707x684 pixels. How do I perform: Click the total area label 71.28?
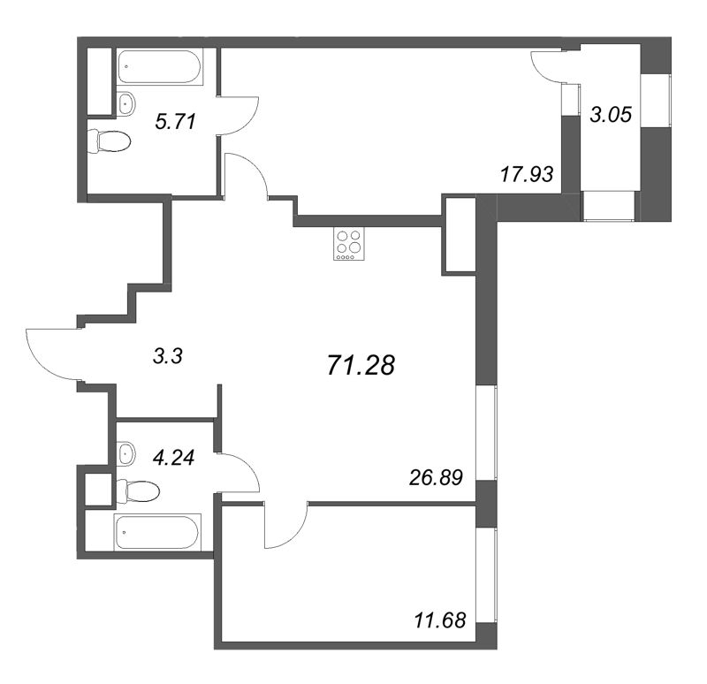pyautogui.click(x=361, y=365)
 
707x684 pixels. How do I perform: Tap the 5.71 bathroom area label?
pyautogui.click(x=175, y=122)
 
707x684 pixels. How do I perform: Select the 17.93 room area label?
pyautogui.click(x=527, y=174)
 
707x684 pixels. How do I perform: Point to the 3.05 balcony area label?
pyautogui.click(x=611, y=115)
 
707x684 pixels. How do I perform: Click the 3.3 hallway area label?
pyautogui.click(x=168, y=357)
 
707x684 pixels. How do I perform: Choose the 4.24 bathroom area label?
pyautogui.click(x=173, y=458)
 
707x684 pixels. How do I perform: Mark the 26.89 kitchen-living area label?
pyautogui.click(x=436, y=477)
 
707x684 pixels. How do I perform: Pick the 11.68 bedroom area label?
pyautogui.click(x=439, y=620)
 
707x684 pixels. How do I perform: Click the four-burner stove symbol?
pyautogui.click(x=348, y=244)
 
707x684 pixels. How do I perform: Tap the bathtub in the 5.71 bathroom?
pyautogui.click(x=159, y=66)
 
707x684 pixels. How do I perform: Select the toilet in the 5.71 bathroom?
pyautogui.click(x=109, y=141)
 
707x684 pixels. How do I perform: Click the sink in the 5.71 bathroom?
pyautogui.click(x=125, y=104)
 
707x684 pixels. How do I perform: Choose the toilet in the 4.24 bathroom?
pyautogui.click(x=138, y=490)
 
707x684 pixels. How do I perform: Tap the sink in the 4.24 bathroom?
pyautogui.click(x=125, y=454)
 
